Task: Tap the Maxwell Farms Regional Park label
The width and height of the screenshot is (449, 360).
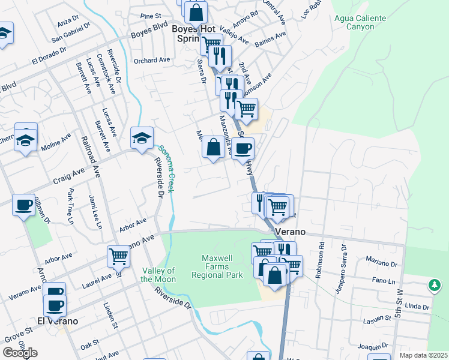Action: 217,266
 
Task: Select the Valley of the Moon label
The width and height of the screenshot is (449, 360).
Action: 158,275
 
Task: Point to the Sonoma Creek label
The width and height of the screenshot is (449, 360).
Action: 166,169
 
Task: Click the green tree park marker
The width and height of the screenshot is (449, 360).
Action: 435,286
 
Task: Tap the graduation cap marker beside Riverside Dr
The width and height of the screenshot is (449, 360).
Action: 142,138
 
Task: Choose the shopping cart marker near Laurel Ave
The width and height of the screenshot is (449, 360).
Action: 118,256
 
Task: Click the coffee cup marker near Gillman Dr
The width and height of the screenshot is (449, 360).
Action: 23,205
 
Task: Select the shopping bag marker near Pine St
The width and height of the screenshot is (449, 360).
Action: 196,11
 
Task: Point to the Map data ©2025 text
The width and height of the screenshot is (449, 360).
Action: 424,355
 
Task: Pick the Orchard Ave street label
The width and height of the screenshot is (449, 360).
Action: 152,61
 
